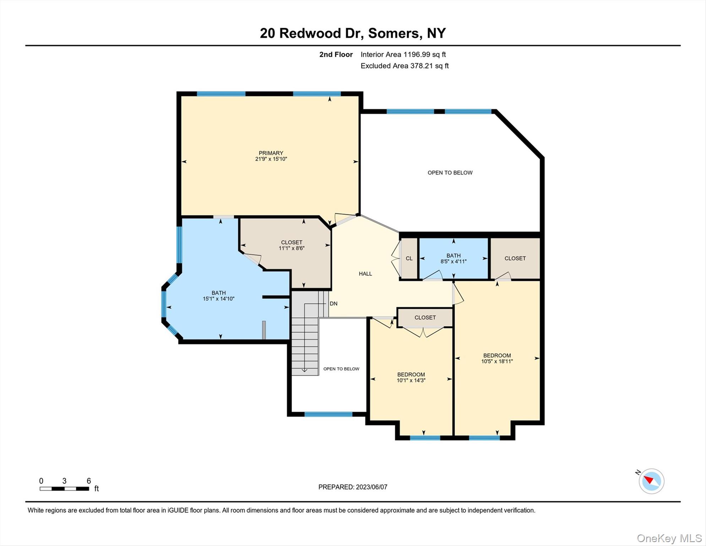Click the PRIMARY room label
click(271, 153)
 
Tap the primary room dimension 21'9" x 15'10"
click(271, 159)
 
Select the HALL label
click(365, 274)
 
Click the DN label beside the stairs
click(333, 304)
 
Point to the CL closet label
click(409, 258)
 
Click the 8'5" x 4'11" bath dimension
click(454, 261)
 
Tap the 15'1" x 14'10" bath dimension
click(219, 299)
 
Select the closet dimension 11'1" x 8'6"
click(292, 248)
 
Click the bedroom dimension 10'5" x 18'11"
click(497, 361)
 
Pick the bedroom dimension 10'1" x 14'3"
click(411, 380)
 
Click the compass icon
click(651, 481)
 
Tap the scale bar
click(64, 489)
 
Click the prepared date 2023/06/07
click(371, 487)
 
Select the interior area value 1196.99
click(417, 54)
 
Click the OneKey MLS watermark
click(669, 538)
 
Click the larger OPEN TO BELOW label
click(450, 173)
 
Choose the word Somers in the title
click(395, 33)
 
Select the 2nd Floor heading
click(336, 54)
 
